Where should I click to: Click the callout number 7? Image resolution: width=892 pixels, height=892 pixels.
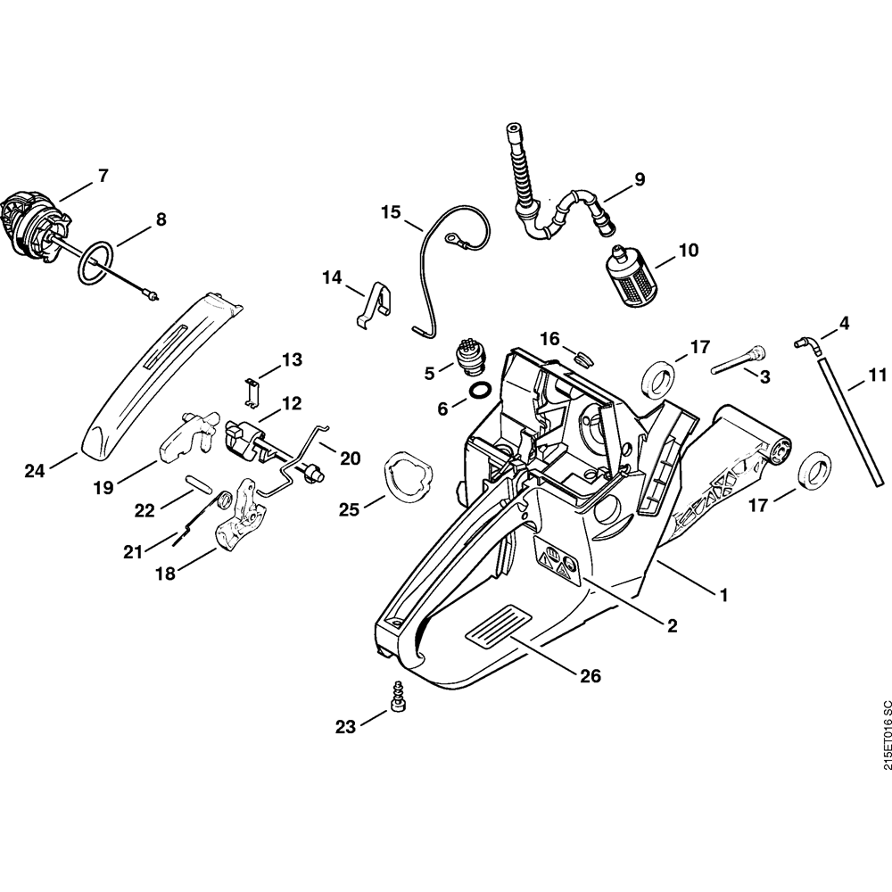tap(103, 176)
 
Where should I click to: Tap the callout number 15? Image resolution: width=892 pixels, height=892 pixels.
tap(391, 212)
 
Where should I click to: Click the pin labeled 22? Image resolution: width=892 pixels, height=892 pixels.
tap(199, 482)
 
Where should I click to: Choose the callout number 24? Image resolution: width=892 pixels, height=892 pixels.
tap(34, 470)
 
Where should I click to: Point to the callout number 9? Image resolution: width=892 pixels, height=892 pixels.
tap(639, 179)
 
